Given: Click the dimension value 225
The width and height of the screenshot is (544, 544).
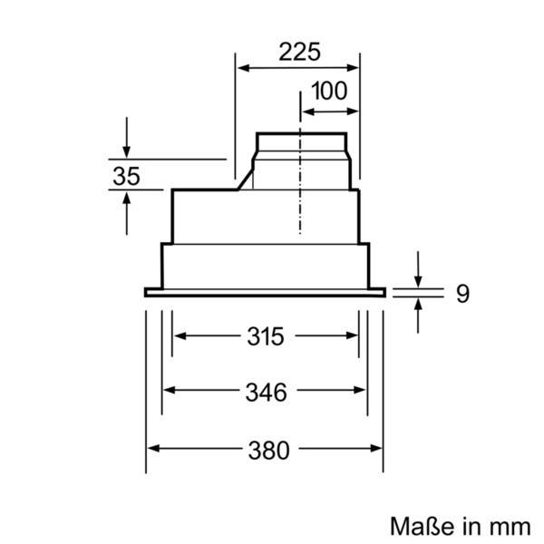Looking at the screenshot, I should coord(299,52).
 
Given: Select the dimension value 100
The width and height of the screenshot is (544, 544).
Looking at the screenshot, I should coord(328,92).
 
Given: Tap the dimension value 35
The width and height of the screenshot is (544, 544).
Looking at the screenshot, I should coord(126,176).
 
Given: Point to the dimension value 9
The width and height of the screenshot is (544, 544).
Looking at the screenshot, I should coord(462,293).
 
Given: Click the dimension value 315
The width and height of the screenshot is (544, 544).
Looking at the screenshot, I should coord(266,337).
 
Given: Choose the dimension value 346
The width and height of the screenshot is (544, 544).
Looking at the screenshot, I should coord(266,392).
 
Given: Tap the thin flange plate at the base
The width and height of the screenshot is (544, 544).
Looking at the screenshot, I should coord(265,292).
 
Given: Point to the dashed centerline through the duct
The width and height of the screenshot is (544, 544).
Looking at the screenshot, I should coord(299,209).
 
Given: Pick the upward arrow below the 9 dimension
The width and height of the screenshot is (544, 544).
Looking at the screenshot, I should coord(418,308).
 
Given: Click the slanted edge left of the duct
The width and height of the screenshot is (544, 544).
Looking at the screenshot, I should coord(246,182).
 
